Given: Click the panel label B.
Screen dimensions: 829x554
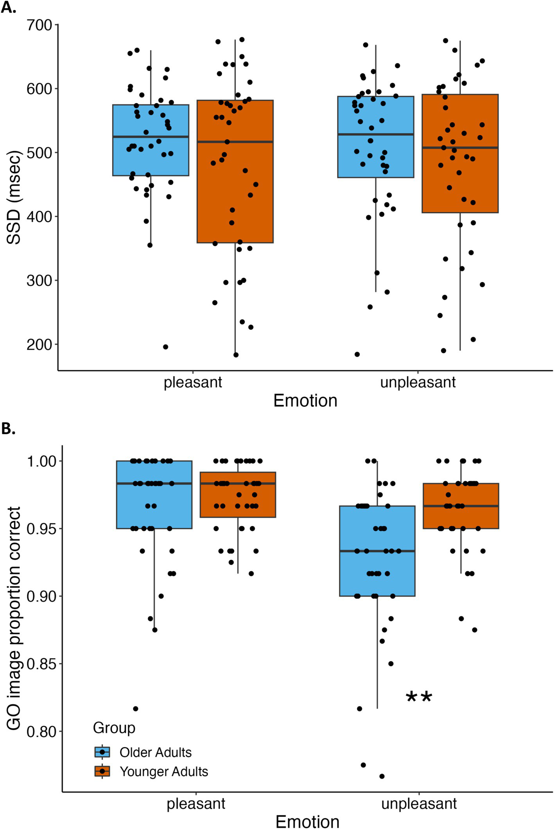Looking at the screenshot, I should tap(8, 429).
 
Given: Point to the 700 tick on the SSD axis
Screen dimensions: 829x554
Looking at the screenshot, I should tap(39, 25).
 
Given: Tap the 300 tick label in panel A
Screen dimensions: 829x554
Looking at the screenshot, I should tap(39, 281).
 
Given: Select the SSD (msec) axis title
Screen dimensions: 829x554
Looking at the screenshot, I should tap(14, 197).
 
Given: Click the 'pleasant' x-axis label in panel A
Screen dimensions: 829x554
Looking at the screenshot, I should tap(192, 382).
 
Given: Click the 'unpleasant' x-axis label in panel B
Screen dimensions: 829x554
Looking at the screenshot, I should tap(419, 804).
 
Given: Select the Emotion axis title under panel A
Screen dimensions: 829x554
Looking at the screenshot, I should tap(305, 401).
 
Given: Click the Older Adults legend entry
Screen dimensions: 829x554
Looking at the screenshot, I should tap(155, 752).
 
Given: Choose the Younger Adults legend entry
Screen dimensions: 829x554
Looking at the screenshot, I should tap(163, 771).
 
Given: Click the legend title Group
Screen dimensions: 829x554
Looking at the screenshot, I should tap(114, 728).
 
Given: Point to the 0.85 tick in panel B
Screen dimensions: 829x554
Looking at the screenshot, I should tap(41, 664).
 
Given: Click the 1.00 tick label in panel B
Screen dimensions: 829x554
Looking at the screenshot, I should tap(41, 461).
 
